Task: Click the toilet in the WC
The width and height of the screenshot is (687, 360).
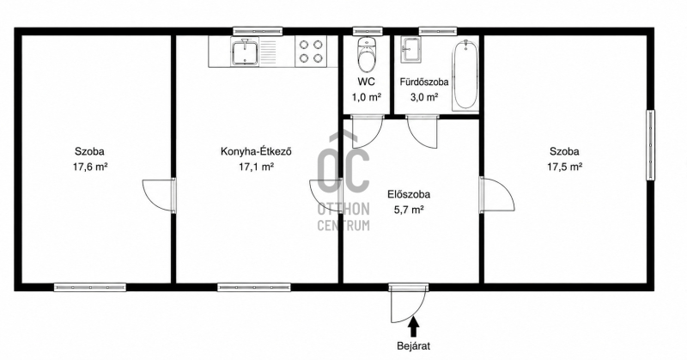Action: (x=367, y=54)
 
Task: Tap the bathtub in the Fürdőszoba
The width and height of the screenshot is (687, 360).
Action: (x=465, y=75)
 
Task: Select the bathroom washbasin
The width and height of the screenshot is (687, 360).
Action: (x=411, y=49)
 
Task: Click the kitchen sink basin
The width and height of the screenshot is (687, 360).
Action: (x=245, y=52)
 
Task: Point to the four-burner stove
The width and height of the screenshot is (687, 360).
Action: (x=311, y=51)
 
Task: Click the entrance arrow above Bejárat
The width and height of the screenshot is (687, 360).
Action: (x=414, y=326)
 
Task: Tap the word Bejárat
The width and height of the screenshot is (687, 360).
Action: (x=414, y=346)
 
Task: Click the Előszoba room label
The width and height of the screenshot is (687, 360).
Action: (x=409, y=194)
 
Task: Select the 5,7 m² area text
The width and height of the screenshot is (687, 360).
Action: (x=409, y=210)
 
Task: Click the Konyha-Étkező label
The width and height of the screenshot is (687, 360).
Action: (x=256, y=152)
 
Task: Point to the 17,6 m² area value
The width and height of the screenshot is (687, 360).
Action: (x=90, y=167)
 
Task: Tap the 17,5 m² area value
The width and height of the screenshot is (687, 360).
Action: (x=564, y=167)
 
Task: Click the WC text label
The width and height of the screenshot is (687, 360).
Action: (x=367, y=82)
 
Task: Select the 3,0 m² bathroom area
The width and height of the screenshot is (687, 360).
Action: (x=423, y=97)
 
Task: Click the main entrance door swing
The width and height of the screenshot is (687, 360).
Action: (x=407, y=305)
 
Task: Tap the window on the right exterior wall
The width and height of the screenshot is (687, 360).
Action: (x=651, y=144)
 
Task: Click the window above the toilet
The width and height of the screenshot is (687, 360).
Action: (x=368, y=31)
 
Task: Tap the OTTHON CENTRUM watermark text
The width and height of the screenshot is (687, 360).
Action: (x=343, y=217)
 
